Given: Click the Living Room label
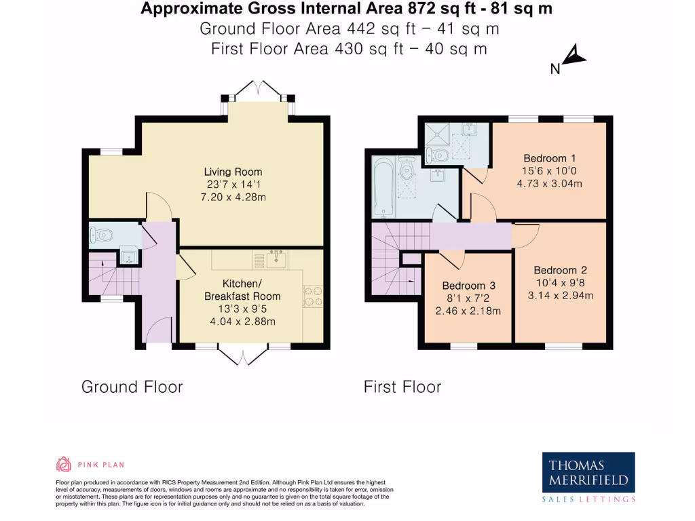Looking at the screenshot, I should coord(233,172).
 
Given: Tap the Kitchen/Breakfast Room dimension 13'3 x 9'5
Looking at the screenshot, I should coord(242,309).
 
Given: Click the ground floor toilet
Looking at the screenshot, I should coord(101,235).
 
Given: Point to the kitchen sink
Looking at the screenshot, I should coord(277,258).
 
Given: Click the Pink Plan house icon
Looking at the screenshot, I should coord(63,464).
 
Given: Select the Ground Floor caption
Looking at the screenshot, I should coord(132,387).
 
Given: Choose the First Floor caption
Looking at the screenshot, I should coord(402,387).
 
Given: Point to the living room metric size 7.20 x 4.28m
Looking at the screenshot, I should coord(233,196).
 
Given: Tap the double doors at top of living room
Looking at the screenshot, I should coord(257,91).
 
